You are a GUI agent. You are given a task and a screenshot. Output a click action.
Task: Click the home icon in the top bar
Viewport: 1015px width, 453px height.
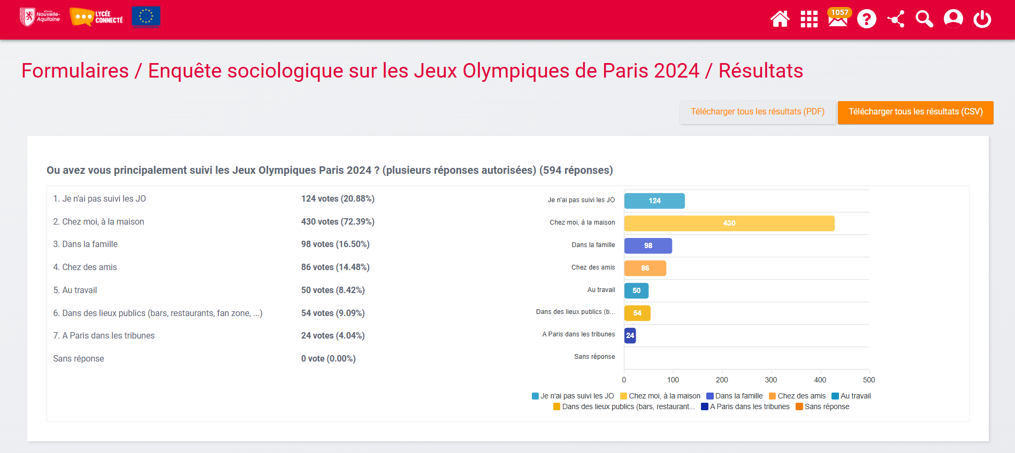pos(780,19)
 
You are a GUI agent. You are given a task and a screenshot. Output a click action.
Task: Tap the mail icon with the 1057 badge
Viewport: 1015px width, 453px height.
pos(837,19)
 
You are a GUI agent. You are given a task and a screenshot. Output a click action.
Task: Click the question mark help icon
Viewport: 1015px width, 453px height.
pos(866,19)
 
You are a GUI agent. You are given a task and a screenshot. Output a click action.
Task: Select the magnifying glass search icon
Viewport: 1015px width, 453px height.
pos(924,19)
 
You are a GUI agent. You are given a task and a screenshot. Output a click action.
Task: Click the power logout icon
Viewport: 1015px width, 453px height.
pos(982,19)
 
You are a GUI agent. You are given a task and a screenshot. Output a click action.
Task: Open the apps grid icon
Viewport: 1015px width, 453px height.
pos(808,19)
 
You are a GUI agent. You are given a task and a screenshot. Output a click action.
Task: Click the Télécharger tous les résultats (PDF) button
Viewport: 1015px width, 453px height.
pos(757,112)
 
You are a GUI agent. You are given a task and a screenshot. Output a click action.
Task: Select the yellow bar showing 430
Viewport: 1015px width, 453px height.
pos(729,223)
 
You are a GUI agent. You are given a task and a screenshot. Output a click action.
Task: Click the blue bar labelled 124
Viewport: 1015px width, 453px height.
pos(654,201)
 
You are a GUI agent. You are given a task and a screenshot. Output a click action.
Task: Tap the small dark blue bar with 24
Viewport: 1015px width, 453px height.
pos(630,335)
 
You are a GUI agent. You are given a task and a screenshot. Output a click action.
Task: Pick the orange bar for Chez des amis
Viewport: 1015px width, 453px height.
pos(645,268)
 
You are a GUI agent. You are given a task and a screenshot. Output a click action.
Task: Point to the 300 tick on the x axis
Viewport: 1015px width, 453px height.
pos(770,380)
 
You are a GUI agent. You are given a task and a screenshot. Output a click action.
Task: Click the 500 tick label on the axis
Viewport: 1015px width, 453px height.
pos(869,380)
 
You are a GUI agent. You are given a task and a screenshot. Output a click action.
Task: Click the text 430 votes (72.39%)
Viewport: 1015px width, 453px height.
pos(338,221)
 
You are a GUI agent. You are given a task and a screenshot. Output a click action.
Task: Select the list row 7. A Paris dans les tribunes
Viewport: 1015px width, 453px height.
pos(104,335)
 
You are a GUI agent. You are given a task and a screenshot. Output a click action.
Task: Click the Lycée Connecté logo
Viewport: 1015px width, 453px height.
pos(96,17)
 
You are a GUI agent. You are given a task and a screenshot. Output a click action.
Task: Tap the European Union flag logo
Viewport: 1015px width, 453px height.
pos(146,17)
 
